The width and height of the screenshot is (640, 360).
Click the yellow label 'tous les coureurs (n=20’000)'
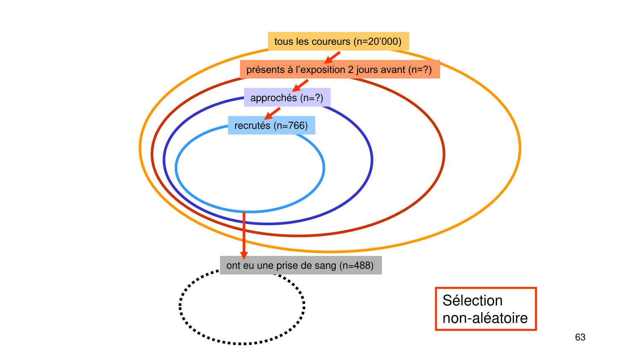pyautogui.click(x=338, y=41)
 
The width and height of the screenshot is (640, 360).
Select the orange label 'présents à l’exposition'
pyautogui.click(x=339, y=70)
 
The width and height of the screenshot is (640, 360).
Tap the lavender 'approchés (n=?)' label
pyautogui.click(x=287, y=98)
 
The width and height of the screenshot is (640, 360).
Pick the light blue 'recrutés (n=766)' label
pyautogui.click(x=271, y=125)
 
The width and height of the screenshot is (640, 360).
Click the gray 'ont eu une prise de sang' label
pyautogui.click(x=300, y=265)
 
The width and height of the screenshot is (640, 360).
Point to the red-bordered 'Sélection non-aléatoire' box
pyautogui.click(x=485, y=309)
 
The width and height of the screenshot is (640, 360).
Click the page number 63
pyautogui.click(x=580, y=337)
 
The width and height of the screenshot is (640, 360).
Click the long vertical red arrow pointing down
pyautogui.click(x=244, y=235)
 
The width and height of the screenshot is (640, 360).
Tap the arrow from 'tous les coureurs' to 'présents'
pyautogui.click(x=332, y=58)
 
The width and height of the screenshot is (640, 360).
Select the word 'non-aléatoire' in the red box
pyautogui.click(x=485, y=318)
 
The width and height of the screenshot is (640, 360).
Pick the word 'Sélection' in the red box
pyautogui.click(x=472, y=300)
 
